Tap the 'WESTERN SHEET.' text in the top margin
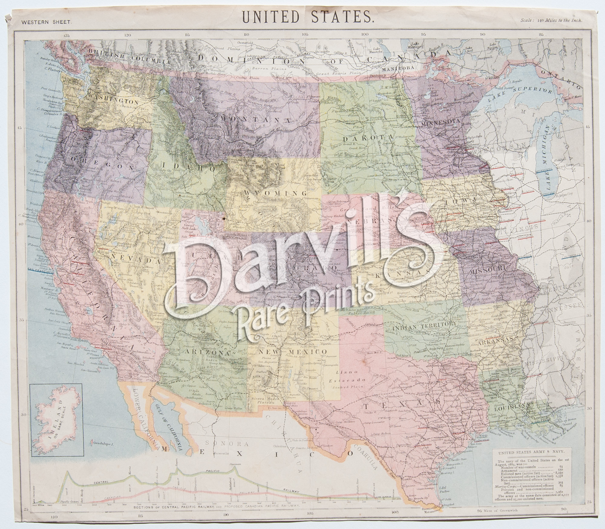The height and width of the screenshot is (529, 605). [47, 22]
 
